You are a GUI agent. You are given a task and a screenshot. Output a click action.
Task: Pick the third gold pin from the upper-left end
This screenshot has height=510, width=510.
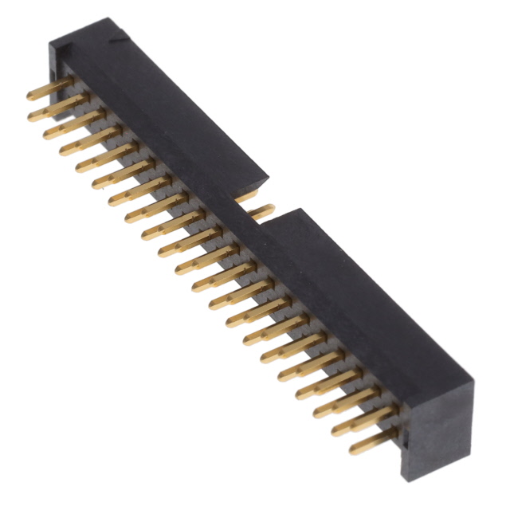pos(68,128)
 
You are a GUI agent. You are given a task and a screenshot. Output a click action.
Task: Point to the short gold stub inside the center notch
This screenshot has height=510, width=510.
pos(248,194)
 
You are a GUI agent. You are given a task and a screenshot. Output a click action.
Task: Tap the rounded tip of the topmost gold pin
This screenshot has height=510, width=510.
pos(29,96)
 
